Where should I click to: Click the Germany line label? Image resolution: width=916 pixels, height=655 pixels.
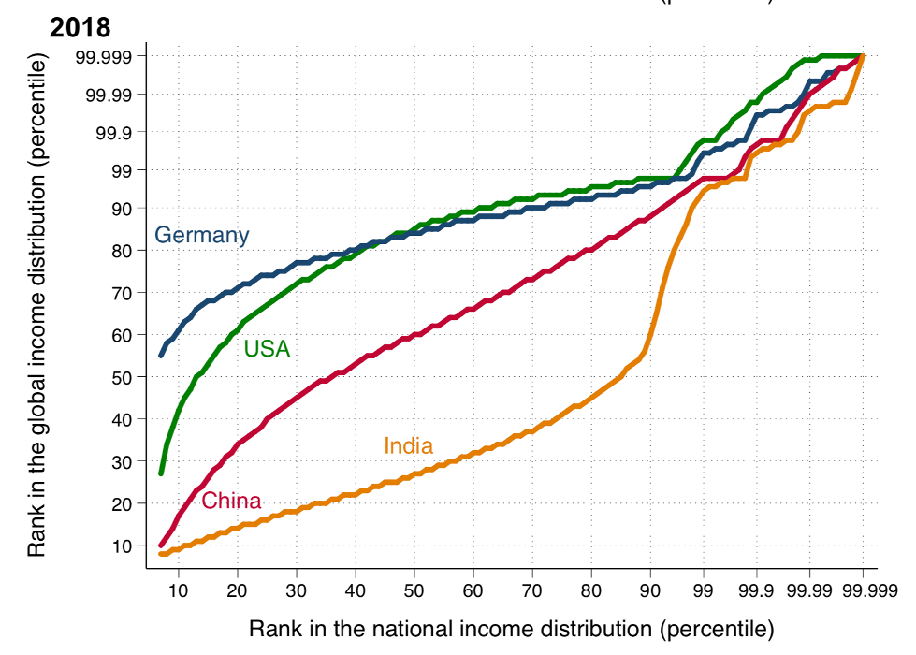click(201, 236)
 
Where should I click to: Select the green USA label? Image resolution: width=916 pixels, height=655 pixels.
click(267, 350)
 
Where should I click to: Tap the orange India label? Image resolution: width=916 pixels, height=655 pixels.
click(408, 447)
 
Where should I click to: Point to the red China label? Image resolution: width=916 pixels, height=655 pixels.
click(231, 501)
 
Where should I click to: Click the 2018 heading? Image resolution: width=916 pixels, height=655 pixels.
click(80, 28)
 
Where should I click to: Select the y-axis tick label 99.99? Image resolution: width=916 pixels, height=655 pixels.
click(109, 95)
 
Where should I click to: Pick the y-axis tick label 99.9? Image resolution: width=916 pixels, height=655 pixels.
click(114, 132)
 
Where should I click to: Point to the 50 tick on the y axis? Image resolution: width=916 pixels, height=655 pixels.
click(123, 377)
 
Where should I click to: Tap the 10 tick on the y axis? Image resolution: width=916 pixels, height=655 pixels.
click(123, 546)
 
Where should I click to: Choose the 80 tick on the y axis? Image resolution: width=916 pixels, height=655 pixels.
click(123, 251)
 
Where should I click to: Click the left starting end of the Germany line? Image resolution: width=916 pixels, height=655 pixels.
click(161, 355)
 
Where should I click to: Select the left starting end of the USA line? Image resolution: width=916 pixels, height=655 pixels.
click(161, 473)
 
